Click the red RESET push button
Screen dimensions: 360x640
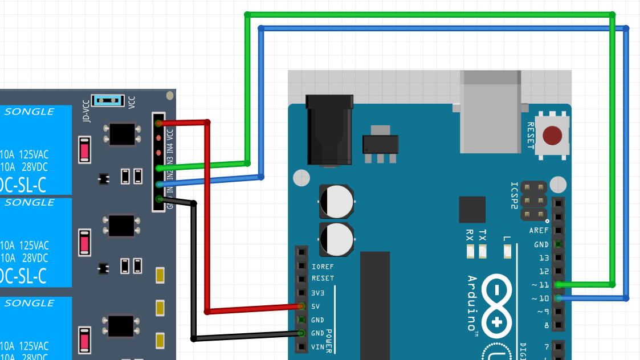(x=552, y=136)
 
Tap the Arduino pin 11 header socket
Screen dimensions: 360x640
(x=559, y=284)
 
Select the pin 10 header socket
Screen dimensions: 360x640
(x=559, y=298)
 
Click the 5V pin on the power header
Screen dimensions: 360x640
(x=301, y=306)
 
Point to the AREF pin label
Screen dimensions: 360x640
(x=539, y=231)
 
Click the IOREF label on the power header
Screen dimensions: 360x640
(x=323, y=267)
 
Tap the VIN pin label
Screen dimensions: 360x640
(x=318, y=347)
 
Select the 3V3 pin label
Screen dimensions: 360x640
(x=318, y=293)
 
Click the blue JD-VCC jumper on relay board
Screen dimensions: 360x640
(x=108, y=101)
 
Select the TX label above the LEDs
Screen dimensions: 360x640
(x=483, y=235)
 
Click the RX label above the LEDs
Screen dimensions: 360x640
(x=470, y=235)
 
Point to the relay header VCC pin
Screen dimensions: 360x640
(x=158, y=123)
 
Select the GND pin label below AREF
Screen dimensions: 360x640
(x=541, y=244)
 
